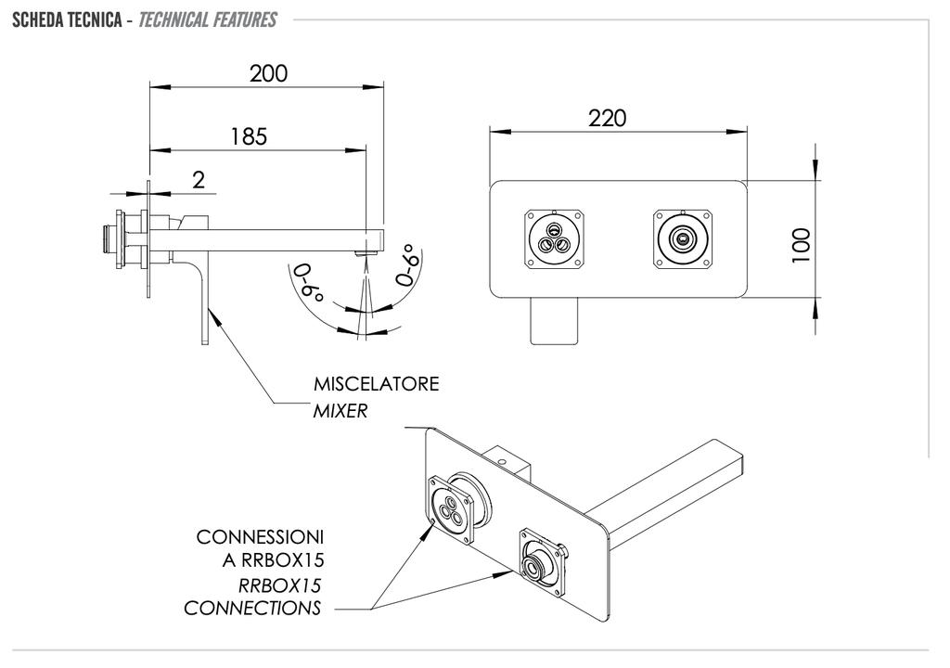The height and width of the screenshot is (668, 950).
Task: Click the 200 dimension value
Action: click(268, 74)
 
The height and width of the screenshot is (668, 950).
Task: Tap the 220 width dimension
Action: click(608, 118)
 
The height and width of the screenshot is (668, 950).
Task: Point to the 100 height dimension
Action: click(803, 245)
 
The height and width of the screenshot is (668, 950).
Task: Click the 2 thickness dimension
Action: click(199, 180)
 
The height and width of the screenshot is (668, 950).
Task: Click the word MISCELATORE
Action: click(376, 384)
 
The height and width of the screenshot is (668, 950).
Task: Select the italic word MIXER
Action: click(340, 410)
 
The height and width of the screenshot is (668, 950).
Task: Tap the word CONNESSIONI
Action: click(260, 537)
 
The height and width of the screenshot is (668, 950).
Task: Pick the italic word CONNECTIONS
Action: click(252, 609)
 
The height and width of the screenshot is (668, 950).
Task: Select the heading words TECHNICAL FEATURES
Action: click(207, 19)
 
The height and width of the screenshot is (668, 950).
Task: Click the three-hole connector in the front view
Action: click(555, 238)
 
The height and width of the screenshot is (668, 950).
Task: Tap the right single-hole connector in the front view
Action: click(683, 238)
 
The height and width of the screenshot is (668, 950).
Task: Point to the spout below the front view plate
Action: click(554, 320)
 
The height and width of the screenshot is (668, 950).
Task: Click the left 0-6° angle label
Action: click(308, 286)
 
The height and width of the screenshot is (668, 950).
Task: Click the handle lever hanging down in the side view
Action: click(202, 306)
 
